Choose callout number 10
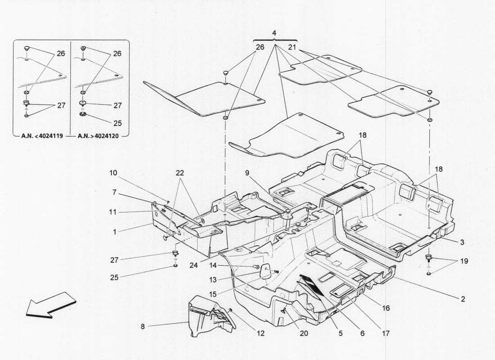[x=113, y=172]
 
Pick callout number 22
[x=180, y=172]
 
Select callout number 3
[x=462, y=242]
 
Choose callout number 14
[x=212, y=265]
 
